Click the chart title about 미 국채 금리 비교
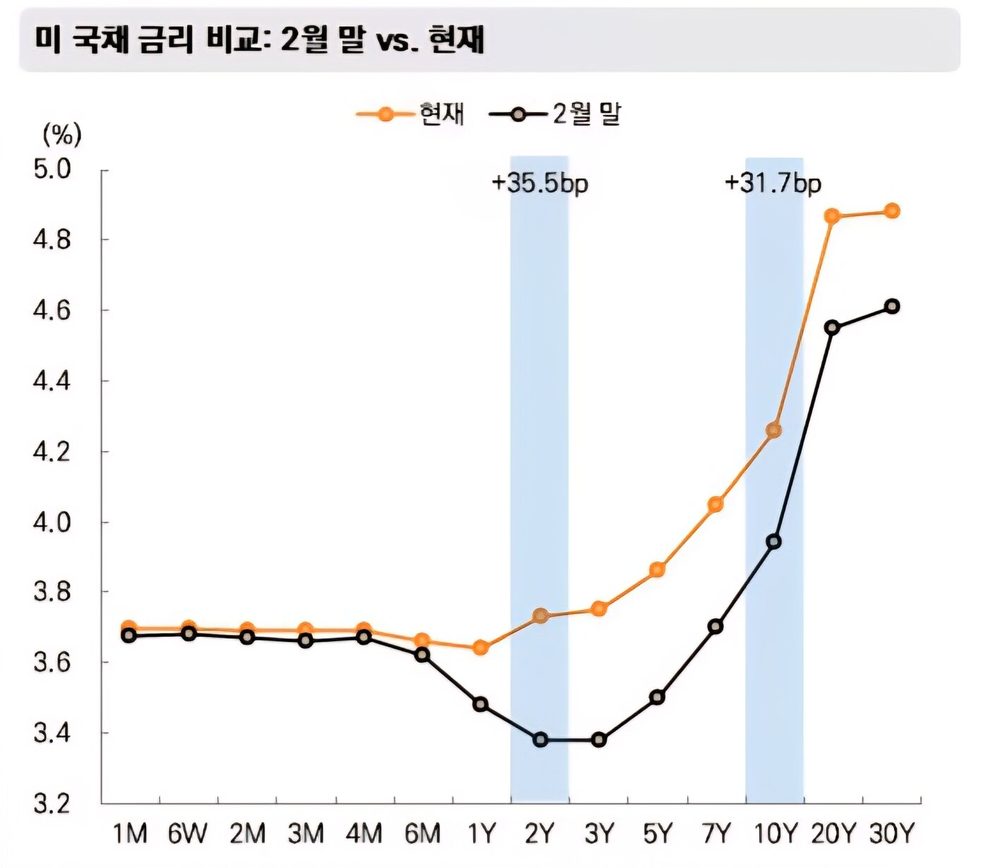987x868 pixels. tap(259, 40)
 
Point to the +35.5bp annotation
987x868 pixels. tap(539, 183)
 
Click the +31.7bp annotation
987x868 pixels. tap(773, 183)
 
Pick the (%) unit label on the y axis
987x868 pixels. tap(62, 133)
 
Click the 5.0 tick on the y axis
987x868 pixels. tap(53, 170)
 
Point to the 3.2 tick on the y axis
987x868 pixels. tap(53, 804)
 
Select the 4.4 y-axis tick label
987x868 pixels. tap(53, 381)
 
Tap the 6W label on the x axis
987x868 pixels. tap(188, 834)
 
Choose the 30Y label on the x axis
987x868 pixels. tap(892, 834)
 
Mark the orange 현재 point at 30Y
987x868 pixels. tap(892, 211)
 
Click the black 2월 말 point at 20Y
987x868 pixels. tap(833, 328)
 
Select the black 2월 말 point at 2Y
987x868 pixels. tap(541, 740)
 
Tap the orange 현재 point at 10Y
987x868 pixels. tap(773, 430)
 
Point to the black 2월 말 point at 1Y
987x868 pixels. tap(481, 704)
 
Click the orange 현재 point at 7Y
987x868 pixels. tap(715, 504)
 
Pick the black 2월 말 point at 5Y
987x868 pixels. tap(657, 697)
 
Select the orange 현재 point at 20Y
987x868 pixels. tap(833, 216)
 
